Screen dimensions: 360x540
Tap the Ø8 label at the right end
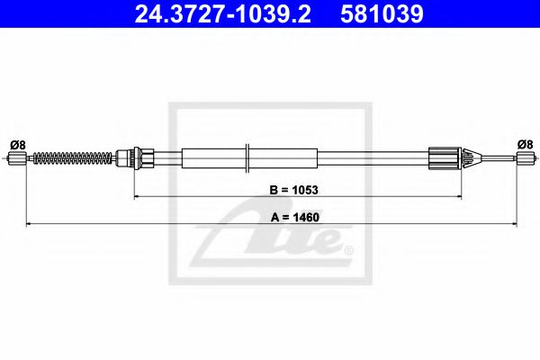[525, 143]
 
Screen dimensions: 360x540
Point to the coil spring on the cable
[72, 159]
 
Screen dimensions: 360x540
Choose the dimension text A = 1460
[280, 216]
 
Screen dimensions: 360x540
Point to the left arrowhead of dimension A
[29, 222]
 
